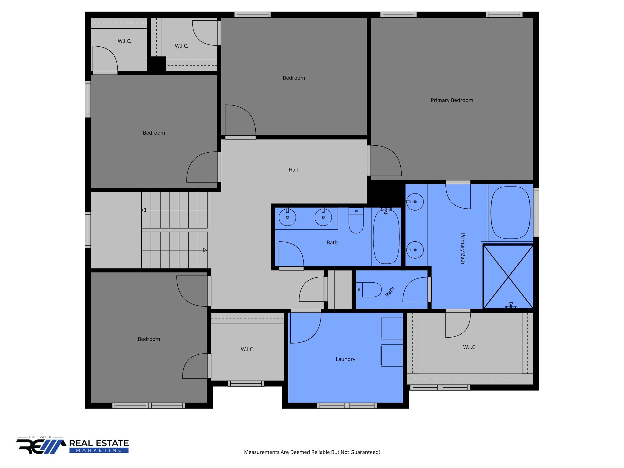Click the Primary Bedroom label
452,100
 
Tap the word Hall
293,170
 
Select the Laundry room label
345,359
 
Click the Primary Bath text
463,248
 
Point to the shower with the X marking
508,277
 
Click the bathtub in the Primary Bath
510,212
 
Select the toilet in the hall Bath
356,221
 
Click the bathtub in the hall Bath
386,237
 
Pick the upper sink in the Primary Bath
415,202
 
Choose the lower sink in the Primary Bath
415,250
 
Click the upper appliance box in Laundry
392,328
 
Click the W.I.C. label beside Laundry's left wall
247,349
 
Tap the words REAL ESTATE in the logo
99,443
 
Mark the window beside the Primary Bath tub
536,212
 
